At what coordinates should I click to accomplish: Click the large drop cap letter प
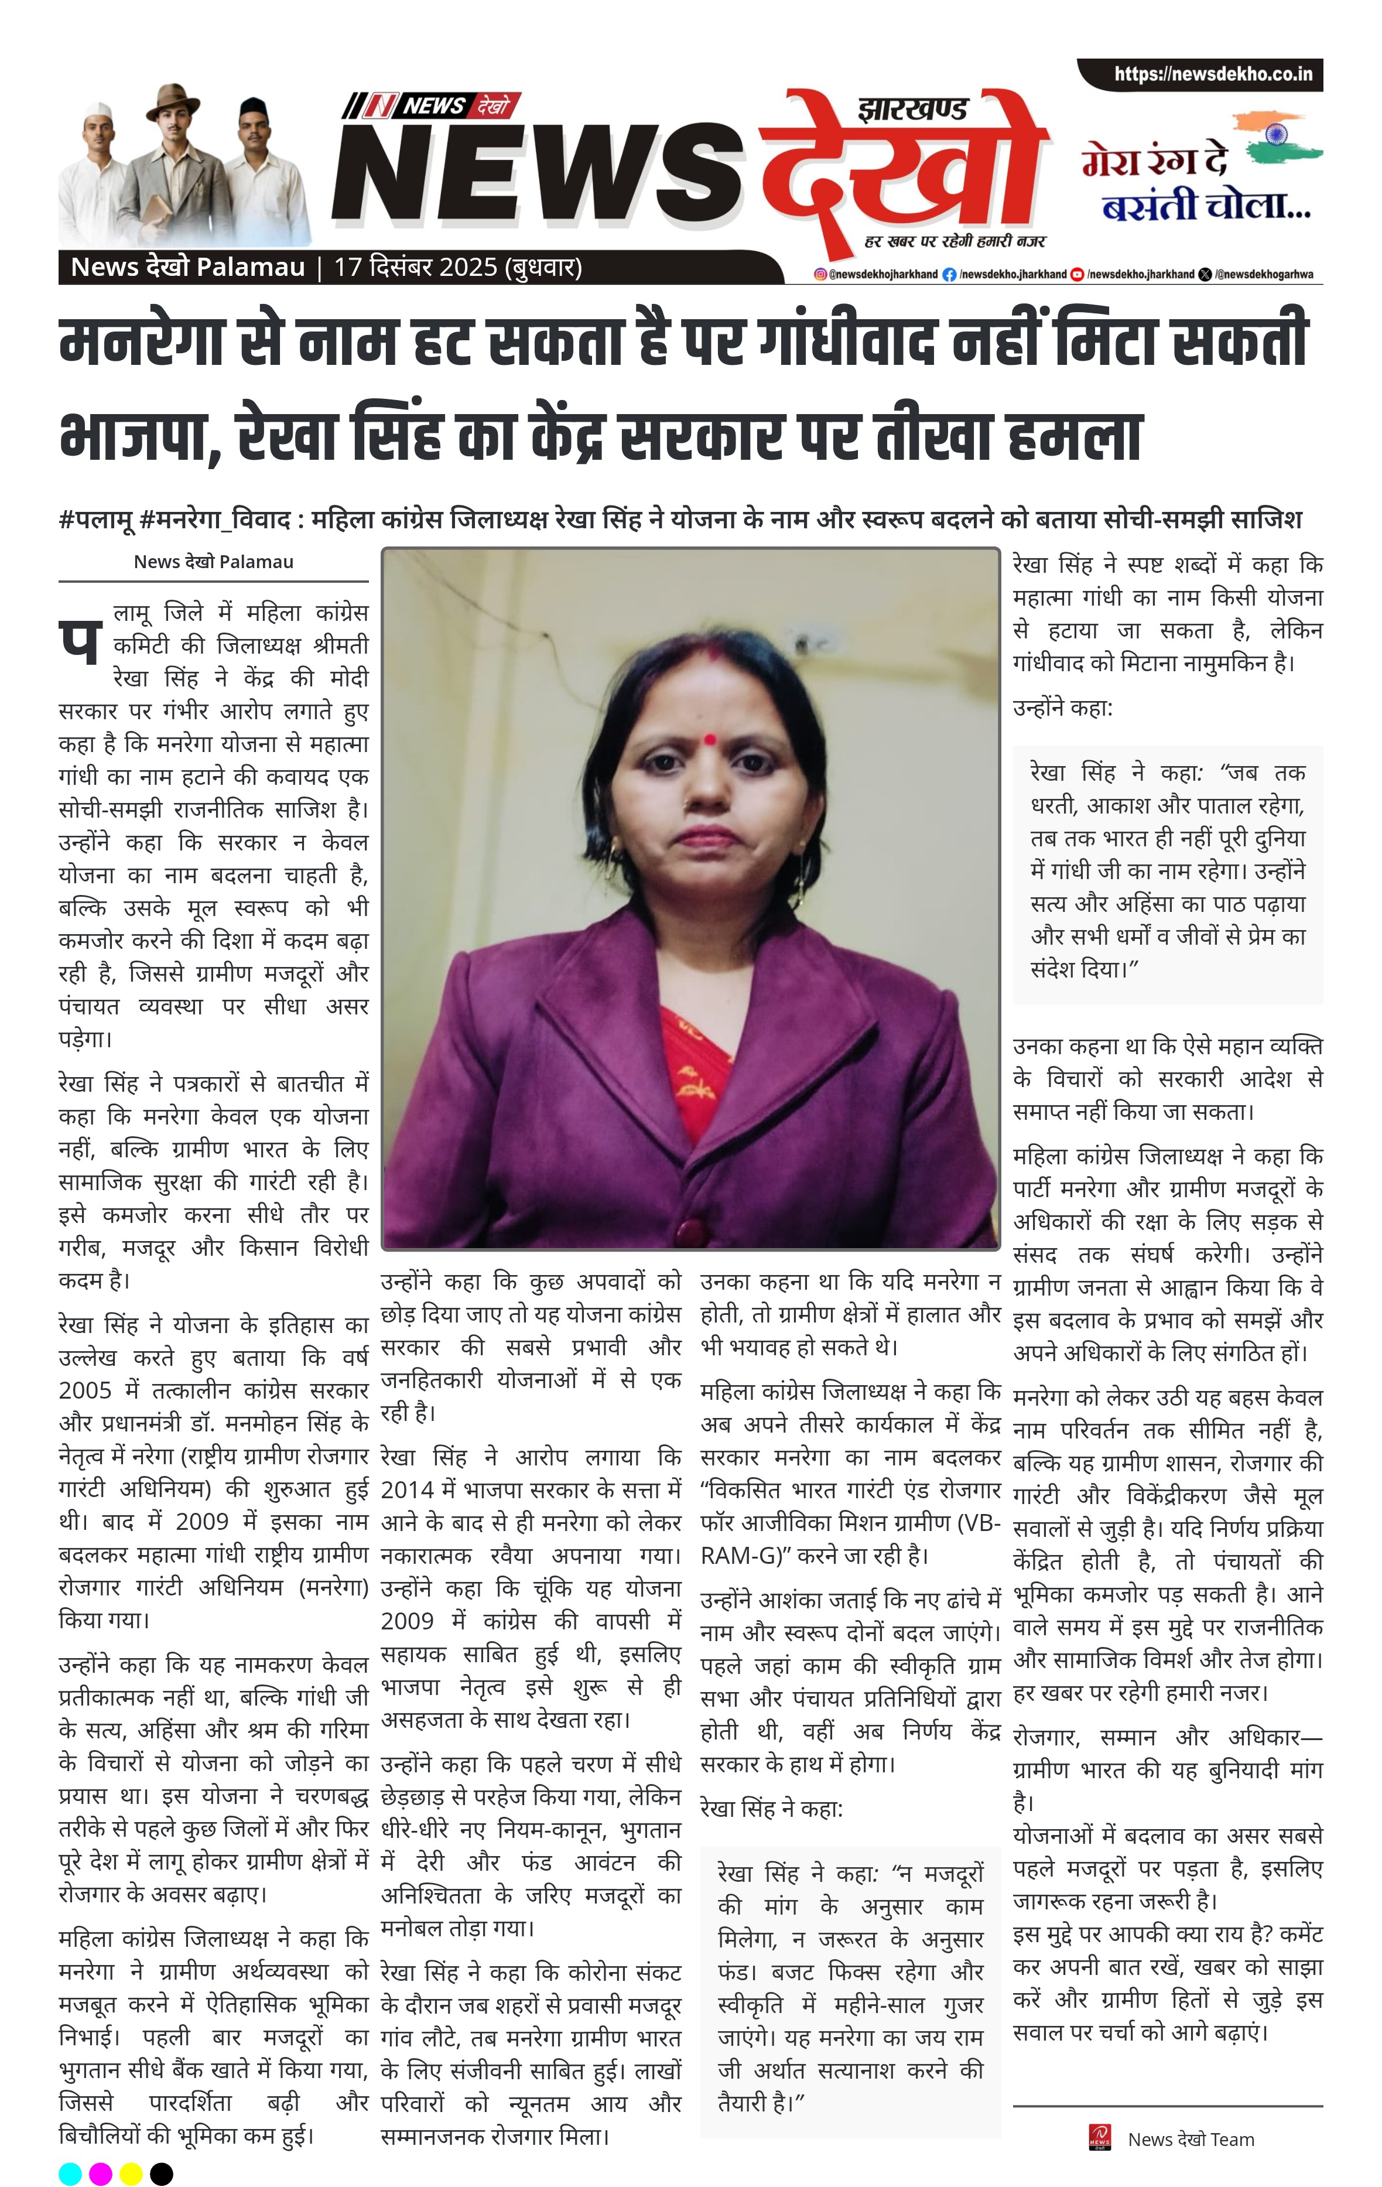[x=79, y=642]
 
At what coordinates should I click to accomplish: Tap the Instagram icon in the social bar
[x=820, y=274]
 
